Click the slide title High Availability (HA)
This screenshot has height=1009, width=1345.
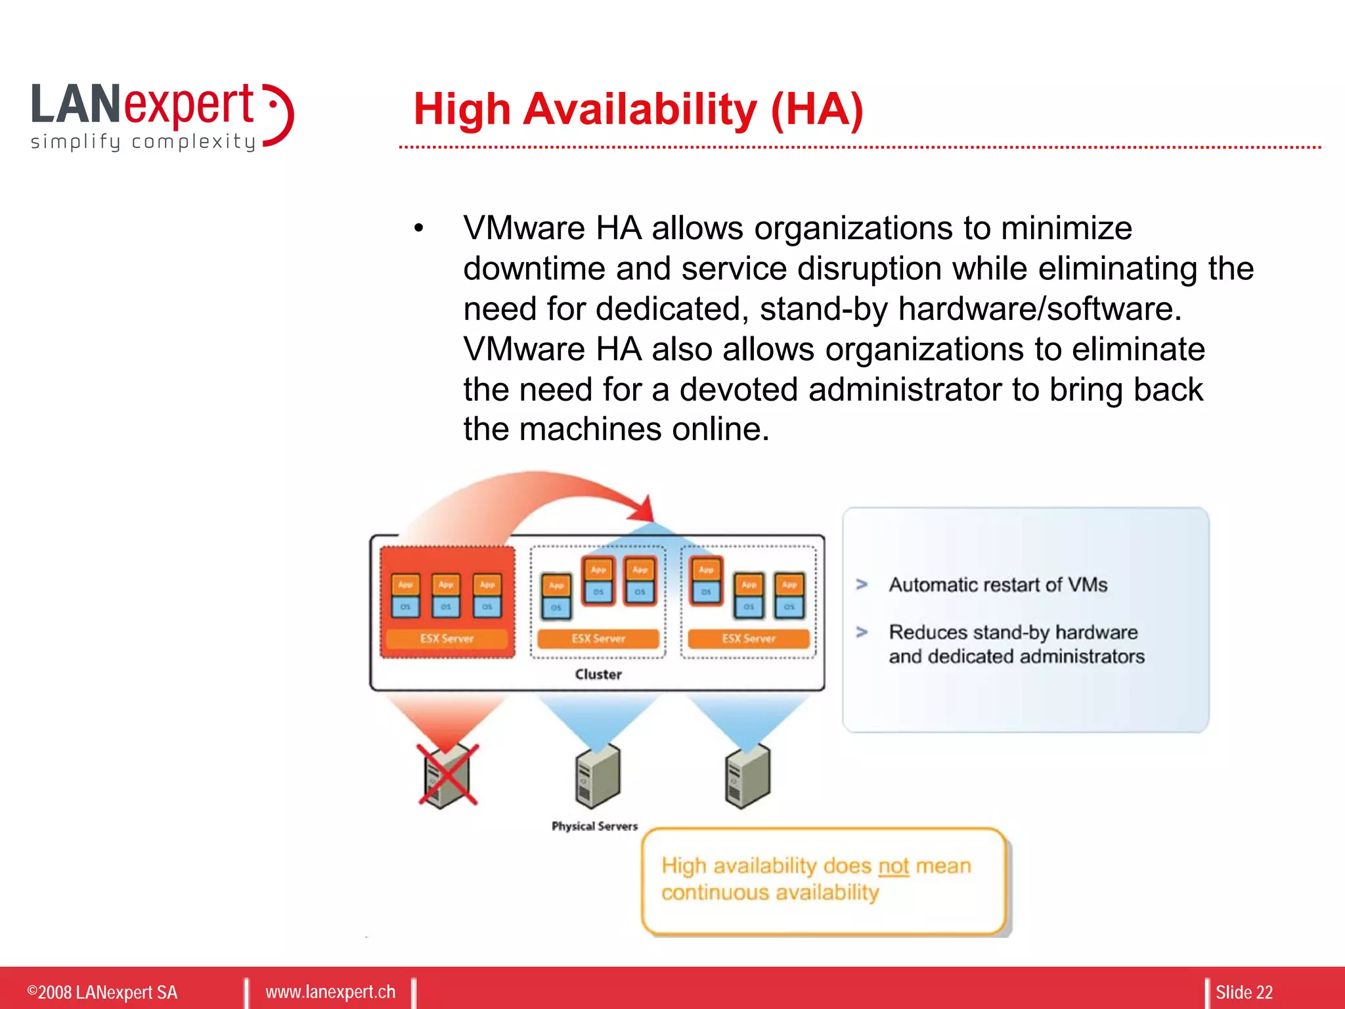[638, 109]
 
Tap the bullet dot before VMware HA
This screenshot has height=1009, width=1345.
[419, 229]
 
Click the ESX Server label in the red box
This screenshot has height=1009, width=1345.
[447, 639]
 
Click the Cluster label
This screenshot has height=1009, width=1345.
[598, 675]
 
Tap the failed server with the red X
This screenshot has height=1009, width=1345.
[448, 776]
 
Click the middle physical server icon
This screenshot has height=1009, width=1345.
[598, 776]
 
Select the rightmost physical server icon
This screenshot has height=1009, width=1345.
[747, 776]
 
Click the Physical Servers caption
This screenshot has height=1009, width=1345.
[594, 826]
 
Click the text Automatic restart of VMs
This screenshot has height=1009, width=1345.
[998, 585]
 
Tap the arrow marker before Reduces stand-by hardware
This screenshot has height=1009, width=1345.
[862, 633]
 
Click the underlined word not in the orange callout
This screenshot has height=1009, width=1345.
[893, 866]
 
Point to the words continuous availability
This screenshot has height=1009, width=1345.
[770, 893]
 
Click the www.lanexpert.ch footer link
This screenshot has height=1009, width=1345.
[330, 992]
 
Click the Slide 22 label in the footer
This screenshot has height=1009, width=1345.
[1244, 992]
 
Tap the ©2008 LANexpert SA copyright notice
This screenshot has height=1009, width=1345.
[102, 992]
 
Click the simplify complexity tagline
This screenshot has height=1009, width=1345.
[143, 142]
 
